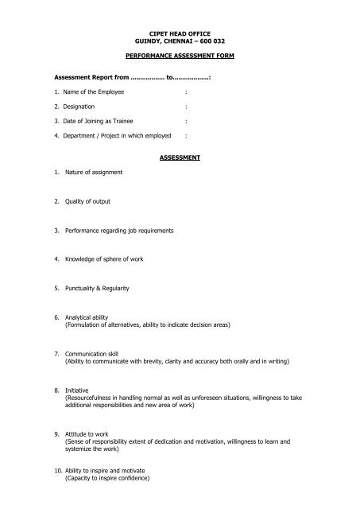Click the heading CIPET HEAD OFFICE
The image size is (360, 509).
pyautogui.click(x=180, y=32)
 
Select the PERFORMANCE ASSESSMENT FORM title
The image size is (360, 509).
pyautogui.click(x=180, y=59)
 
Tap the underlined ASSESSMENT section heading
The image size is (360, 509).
pyautogui.click(x=180, y=157)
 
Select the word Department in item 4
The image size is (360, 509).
pyautogui.click(x=84, y=136)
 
